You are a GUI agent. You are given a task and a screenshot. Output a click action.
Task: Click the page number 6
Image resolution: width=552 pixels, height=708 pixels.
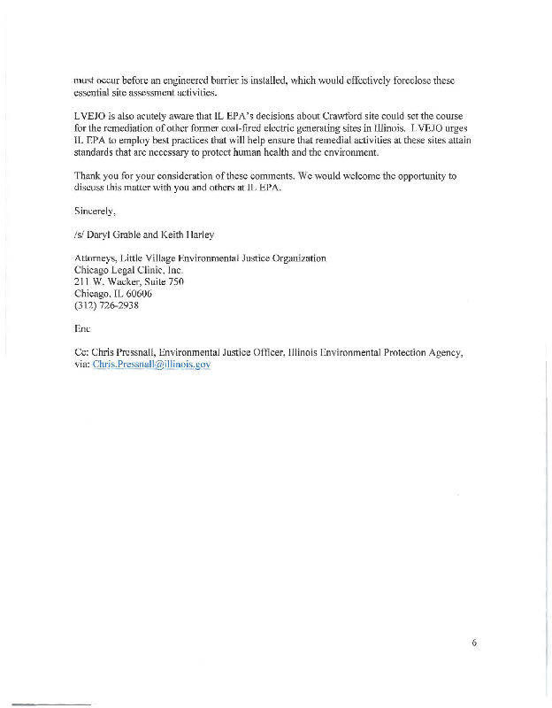473,643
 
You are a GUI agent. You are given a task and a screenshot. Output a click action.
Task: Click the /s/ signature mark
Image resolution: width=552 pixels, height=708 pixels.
80,235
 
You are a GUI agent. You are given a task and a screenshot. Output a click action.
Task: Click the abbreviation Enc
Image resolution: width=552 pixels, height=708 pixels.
84,328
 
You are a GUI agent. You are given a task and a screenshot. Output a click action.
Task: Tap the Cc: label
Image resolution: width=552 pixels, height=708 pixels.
82,352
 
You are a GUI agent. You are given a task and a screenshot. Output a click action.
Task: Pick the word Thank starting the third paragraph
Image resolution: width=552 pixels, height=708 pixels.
89,176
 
